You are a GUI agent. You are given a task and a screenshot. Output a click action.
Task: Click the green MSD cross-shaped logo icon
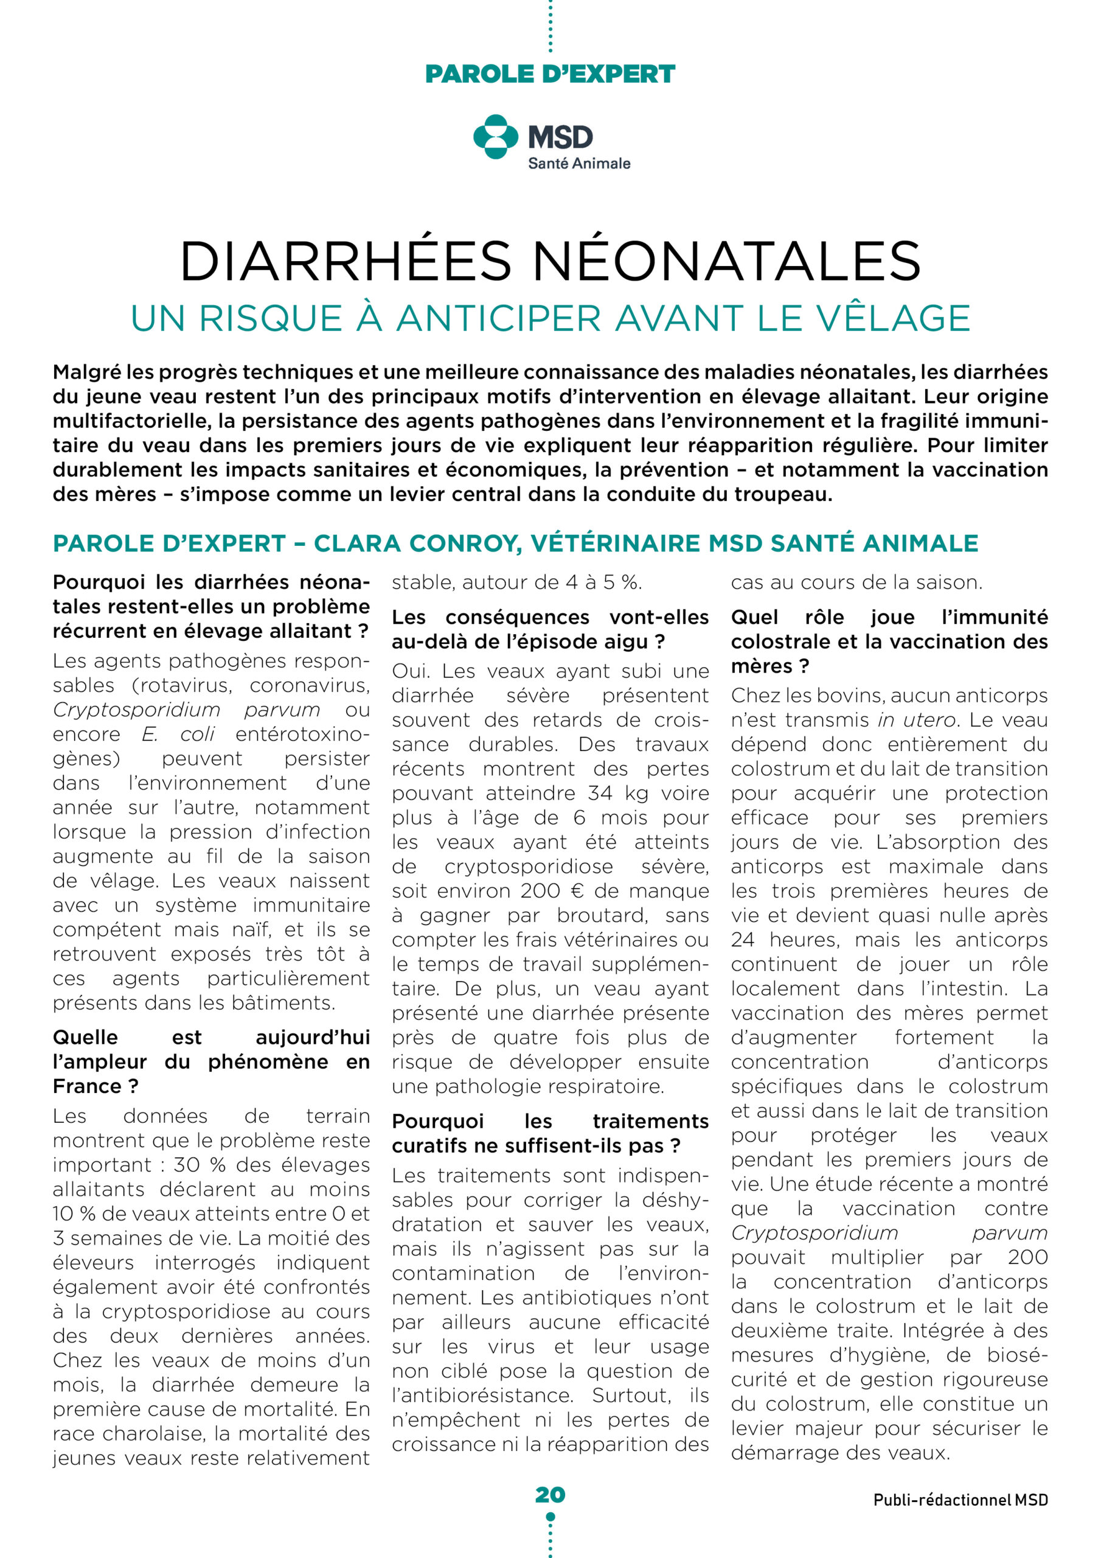click(x=496, y=136)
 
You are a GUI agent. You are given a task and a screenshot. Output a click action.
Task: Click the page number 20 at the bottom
click(x=550, y=1494)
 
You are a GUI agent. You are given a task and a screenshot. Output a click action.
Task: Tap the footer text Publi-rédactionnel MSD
click(x=960, y=1500)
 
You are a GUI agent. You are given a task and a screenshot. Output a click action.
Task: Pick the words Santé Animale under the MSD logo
click(x=579, y=164)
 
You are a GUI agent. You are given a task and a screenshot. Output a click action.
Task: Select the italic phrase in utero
click(x=917, y=720)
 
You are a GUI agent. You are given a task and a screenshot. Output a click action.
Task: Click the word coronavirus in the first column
click(x=310, y=685)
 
